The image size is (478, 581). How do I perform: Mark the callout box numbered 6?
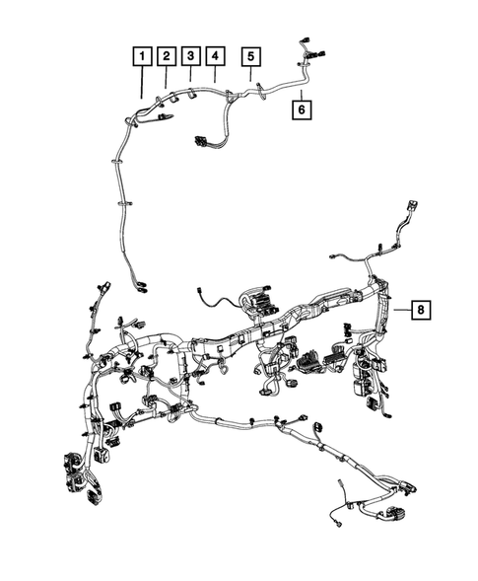(x=302, y=110)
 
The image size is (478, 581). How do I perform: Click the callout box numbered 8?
(x=421, y=311)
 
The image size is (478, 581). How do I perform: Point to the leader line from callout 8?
(x=398, y=310)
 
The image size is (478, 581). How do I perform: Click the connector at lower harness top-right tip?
(x=409, y=214)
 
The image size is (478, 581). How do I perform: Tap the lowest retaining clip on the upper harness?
(x=123, y=200)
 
